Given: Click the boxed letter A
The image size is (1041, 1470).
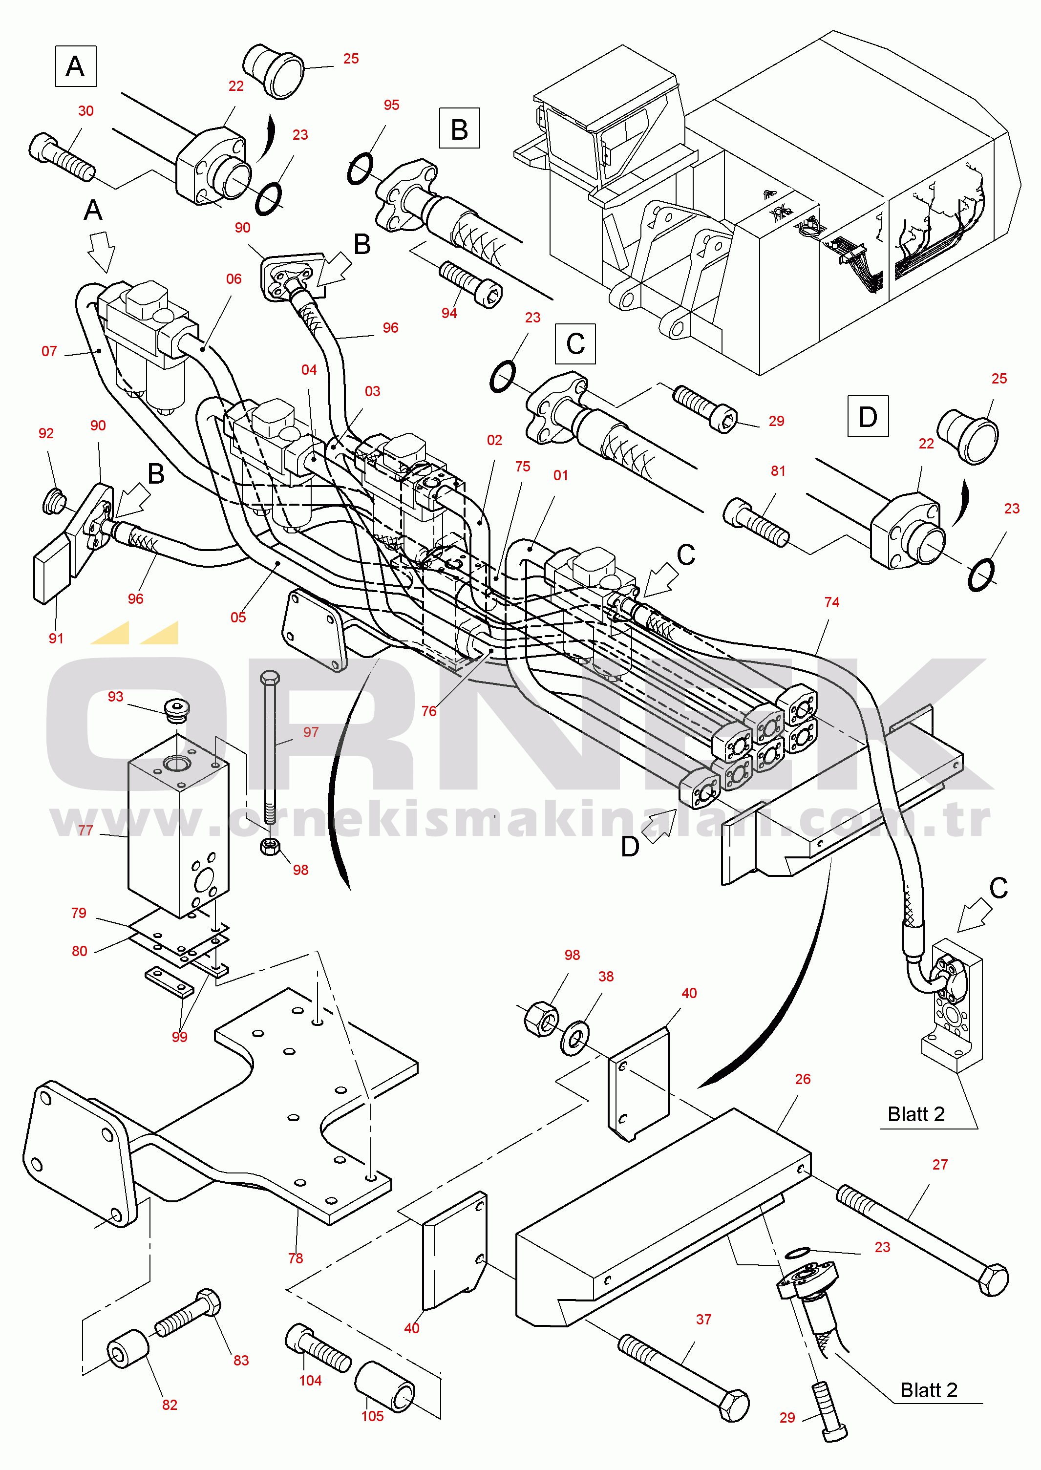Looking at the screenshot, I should [x=76, y=66].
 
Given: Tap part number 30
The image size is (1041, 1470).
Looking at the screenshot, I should [x=86, y=111].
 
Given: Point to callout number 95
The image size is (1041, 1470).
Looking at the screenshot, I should [x=391, y=105].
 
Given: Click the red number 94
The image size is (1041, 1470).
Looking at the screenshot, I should [x=449, y=313].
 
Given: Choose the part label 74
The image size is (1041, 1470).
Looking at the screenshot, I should [x=831, y=602].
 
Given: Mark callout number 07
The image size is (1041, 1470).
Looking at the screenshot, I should [x=49, y=351].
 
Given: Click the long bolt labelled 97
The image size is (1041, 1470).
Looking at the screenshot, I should [x=270, y=750].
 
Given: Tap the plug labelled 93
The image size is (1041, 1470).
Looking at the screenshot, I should [x=176, y=709].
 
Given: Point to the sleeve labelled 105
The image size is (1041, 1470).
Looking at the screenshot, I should [x=386, y=1386].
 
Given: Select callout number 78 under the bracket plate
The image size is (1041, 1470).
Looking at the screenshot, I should [x=295, y=1258].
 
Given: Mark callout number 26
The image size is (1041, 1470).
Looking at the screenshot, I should [x=803, y=1079].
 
